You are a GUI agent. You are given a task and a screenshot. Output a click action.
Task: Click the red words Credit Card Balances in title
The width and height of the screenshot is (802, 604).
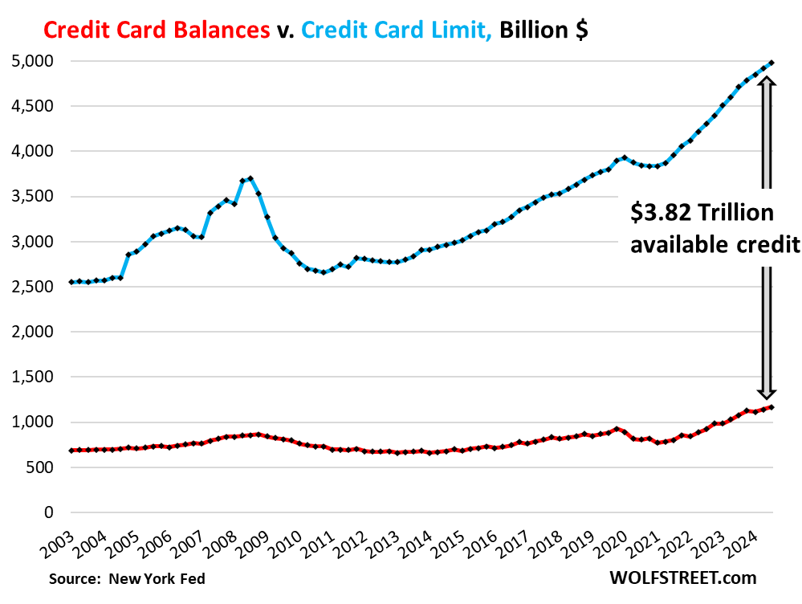click(x=157, y=30)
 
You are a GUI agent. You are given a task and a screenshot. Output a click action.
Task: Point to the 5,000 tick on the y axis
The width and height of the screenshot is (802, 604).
click(x=32, y=61)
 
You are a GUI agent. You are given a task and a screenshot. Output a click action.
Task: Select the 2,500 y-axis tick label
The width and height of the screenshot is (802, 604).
click(x=32, y=287)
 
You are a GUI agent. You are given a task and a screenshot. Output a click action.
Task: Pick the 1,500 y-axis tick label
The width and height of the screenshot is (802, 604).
click(x=32, y=377)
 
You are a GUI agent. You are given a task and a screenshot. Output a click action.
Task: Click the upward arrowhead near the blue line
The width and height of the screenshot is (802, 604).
click(x=766, y=82)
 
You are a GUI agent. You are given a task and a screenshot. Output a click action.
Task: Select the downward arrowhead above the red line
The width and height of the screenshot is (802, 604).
click(x=767, y=394)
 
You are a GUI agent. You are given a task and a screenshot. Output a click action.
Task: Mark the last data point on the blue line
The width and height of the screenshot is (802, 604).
click(x=772, y=62)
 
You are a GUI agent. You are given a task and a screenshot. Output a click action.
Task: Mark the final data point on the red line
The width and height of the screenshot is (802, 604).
click(x=772, y=407)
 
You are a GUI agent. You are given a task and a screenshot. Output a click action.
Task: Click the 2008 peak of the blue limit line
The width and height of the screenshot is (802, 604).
click(x=250, y=178)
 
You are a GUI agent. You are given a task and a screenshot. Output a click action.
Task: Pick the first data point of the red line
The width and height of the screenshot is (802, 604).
click(x=71, y=451)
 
